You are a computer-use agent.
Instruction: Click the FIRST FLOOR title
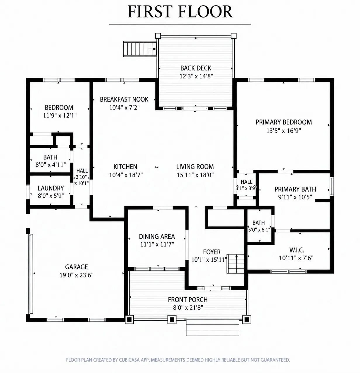click(x=180, y=12)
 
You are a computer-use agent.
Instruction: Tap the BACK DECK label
click(x=195, y=68)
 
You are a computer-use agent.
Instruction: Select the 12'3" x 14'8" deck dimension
click(x=196, y=76)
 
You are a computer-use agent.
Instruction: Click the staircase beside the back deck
click(x=140, y=49)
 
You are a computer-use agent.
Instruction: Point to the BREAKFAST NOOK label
click(x=124, y=100)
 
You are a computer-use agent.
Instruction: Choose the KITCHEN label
click(x=125, y=167)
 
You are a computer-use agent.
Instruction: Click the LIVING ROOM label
click(x=195, y=167)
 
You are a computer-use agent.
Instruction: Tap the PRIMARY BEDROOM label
click(x=283, y=122)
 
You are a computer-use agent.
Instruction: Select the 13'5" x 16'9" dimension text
click(x=283, y=131)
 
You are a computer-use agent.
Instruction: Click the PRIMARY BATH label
click(x=295, y=189)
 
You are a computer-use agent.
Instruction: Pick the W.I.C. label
click(x=297, y=250)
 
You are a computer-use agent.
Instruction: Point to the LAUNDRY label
click(x=51, y=188)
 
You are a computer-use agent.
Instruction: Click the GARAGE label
click(x=76, y=267)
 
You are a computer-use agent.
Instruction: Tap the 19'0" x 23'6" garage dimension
click(x=76, y=275)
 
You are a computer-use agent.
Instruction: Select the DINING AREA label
click(x=157, y=237)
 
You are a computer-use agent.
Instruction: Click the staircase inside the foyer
click(x=236, y=264)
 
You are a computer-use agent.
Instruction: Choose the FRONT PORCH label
click(x=188, y=300)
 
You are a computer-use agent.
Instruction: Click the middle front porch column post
click(x=172, y=320)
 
